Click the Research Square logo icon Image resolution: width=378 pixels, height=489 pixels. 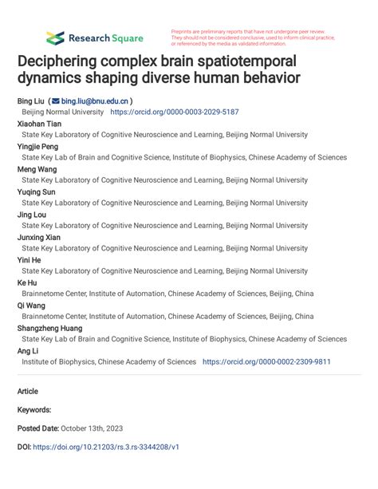55,37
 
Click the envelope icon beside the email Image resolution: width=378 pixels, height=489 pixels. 56,102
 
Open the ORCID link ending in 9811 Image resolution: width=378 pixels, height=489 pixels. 266,361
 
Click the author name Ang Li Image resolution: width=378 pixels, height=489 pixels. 29,350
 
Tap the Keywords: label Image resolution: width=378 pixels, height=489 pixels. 34,409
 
